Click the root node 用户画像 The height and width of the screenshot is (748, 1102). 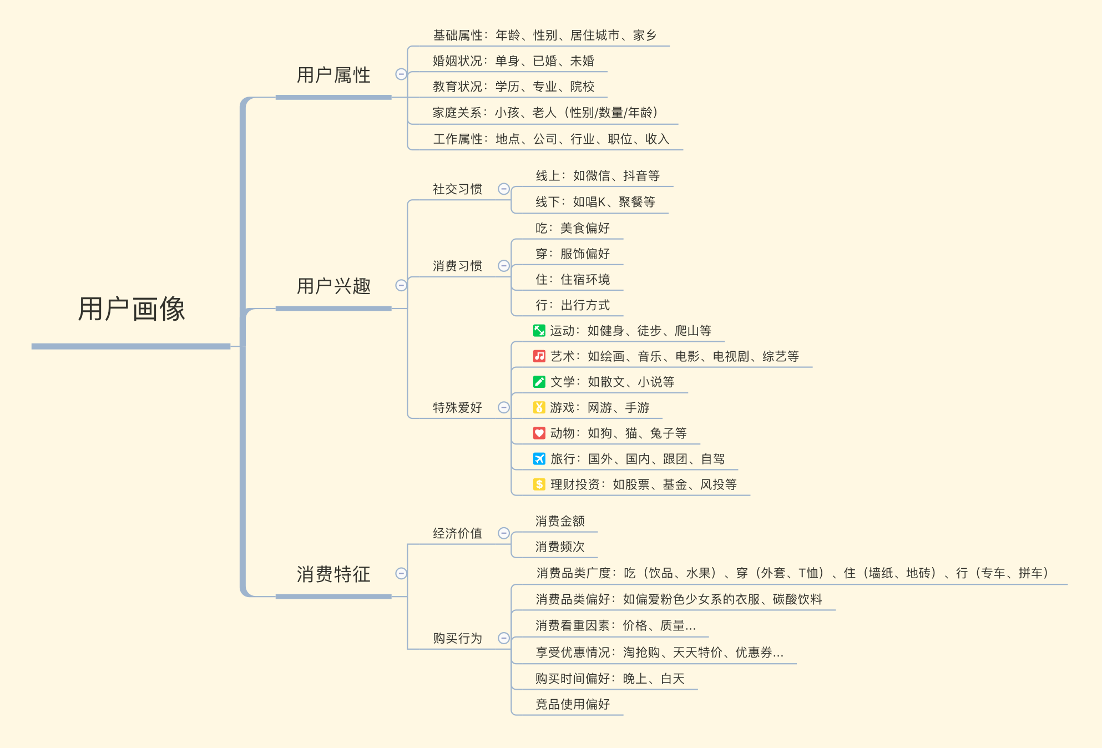point(132,309)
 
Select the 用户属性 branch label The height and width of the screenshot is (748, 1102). point(333,75)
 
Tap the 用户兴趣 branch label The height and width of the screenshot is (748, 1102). point(333,286)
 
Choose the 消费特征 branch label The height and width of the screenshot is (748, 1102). point(333,574)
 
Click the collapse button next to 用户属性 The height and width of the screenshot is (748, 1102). point(401,74)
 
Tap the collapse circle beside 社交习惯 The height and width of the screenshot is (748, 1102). point(504,189)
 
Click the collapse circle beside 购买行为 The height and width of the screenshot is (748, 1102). point(504,638)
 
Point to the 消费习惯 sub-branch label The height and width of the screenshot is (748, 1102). point(457,266)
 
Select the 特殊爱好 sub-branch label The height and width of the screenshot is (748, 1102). point(457,407)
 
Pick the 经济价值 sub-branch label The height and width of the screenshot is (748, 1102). point(457,533)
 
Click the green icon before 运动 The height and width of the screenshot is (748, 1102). point(539,331)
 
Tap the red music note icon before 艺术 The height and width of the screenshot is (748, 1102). point(539,356)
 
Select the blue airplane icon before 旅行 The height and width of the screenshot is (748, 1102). point(539,459)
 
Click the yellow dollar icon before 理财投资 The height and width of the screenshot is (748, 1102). point(539,484)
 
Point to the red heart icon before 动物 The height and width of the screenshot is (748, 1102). point(539,433)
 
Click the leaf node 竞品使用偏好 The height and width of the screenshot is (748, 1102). point(573,704)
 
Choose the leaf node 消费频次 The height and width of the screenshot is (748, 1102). point(560,547)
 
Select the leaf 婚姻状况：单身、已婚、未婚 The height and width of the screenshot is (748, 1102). point(513,61)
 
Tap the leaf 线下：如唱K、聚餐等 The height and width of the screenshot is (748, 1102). point(595,202)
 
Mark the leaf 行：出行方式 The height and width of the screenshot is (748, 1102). point(573,305)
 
